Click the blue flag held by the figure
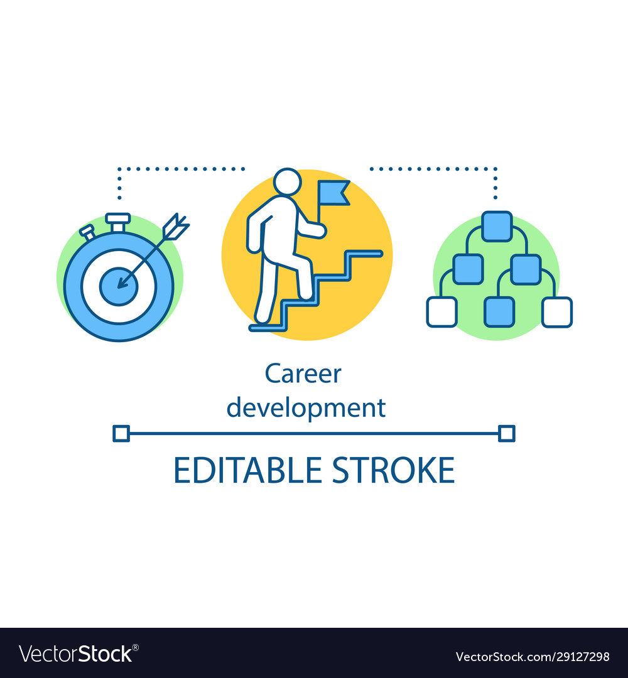tap(333, 193)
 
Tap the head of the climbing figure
tap(287, 182)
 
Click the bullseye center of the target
tap(119, 286)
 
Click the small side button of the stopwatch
tap(87, 232)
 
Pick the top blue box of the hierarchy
tap(497, 226)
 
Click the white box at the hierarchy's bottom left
tap(441, 312)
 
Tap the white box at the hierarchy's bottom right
tap(557, 312)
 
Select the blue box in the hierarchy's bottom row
tap(499, 312)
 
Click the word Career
tap(303, 374)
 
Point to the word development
tap(306, 408)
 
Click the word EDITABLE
tap(248, 470)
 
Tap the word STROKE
tap(394, 470)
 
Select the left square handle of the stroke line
tap(121, 433)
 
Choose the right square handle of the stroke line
tap(506, 433)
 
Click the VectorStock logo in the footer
tap(78, 654)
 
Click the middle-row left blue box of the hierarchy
tap(468, 269)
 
